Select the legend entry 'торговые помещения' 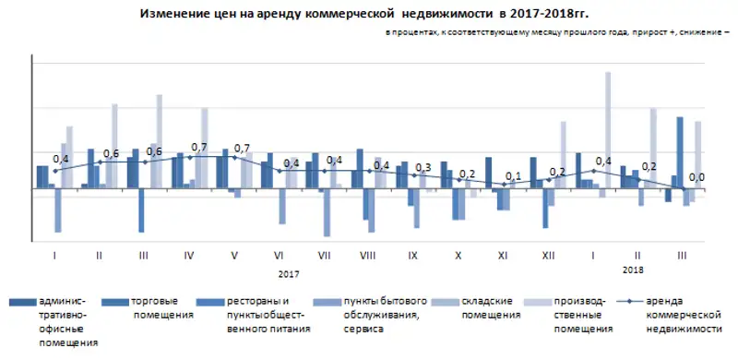[162, 308]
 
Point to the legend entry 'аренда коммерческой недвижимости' [683, 314]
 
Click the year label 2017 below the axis [289, 272]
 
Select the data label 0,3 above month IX [423, 167]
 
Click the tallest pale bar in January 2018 [608, 129]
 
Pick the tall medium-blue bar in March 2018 [680, 152]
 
